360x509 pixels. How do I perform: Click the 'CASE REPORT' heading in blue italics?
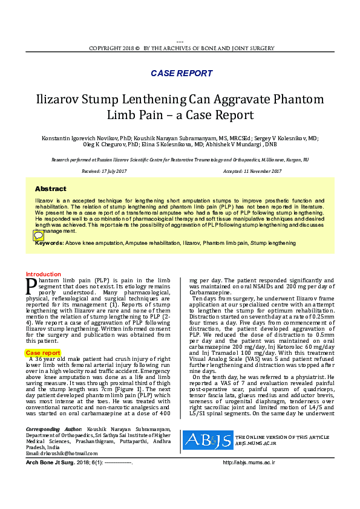(x=181, y=74)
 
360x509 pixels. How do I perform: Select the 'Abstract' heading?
(x=50, y=189)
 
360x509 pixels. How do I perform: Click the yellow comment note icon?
(x=38, y=236)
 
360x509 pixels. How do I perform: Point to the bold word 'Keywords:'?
(x=50, y=243)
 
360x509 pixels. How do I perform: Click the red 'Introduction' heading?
(x=43, y=274)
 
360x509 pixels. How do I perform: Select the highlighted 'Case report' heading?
(x=42, y=352)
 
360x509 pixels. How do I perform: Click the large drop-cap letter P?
(x=31, y=285)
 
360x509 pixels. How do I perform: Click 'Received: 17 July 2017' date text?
(x=103, y=172)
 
